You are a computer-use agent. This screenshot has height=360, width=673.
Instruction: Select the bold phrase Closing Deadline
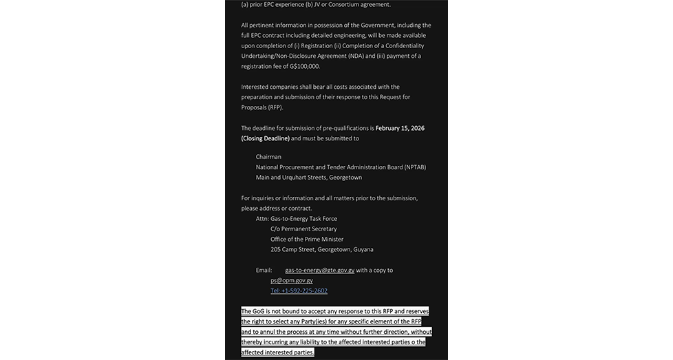(x=266, y=138)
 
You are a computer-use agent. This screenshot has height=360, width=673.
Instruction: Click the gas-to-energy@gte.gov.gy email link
(x=319, y=271)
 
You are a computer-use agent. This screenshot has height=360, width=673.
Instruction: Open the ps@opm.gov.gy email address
(x=291, y=280)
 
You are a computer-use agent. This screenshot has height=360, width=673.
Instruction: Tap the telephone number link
(x=299, y=290)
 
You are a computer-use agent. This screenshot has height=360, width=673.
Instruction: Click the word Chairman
(x=268, y=157)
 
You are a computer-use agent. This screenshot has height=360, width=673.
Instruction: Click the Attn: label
(x=261, y=219)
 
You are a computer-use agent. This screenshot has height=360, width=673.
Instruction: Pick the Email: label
(x=264, y=271)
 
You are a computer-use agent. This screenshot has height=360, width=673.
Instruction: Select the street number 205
(x=275, y=249)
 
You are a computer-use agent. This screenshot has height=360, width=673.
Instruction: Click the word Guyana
(x=363, y=249)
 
